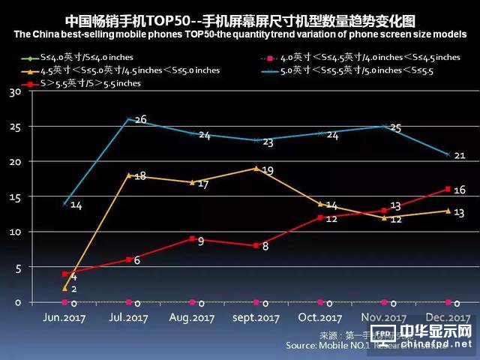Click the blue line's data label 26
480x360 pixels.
pos(140,119)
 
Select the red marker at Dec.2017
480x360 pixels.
pos(448,189)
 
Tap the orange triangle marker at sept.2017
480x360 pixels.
pos(256,168)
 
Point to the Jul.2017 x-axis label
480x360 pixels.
pos(129,318)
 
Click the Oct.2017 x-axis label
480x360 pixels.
pos(319,318)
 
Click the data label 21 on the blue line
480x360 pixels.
pos(460,155)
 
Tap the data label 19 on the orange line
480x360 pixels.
pos(268,171)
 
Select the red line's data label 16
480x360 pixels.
pos(459,190)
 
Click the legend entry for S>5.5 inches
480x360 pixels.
pos(75,83)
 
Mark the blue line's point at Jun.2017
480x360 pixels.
pos(64,203)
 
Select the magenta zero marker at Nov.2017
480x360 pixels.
pos(384,301)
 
